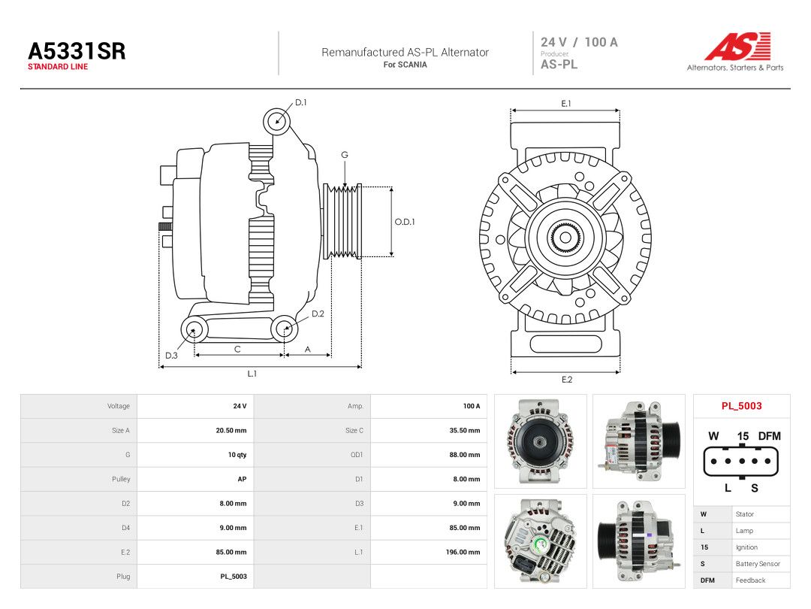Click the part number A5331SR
click(x=77, y=51)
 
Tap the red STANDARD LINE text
click(x=58, y=67)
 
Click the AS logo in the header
click(x=737, y=47)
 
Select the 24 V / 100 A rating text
click(x=579, y=42)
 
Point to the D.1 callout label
click(x=300, y=102)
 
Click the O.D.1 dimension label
click(x=405, y=222)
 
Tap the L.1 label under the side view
click(x=252, y=374)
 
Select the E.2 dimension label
click(x=567, y=380)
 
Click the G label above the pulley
click(x=345, y=155)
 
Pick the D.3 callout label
click(x=171, y=355)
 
